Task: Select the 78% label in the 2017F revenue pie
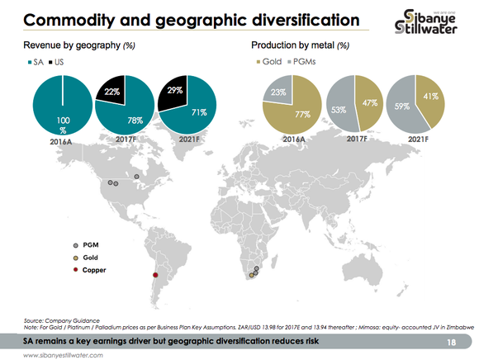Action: [135, 120]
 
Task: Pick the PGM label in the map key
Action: [91, 245]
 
